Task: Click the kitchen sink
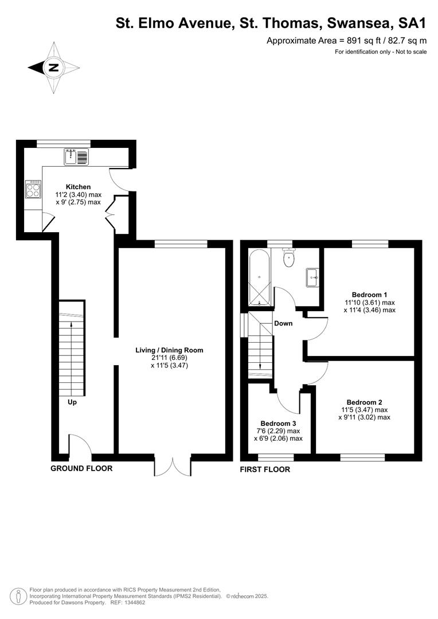tap(77, 156)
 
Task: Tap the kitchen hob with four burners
tap(33, 189)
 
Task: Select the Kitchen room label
tap(78, 187)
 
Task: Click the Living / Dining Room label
tap(169, 350)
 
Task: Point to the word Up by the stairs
tap(72, 402)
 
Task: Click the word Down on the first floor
tap(283, 323)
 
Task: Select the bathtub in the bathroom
tap(260, 277)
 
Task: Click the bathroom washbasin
tap(313, 277)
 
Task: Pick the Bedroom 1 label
tap(369, 295)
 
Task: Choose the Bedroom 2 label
tap(364, 403)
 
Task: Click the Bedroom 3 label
tap(278, 424)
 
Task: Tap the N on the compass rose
tap(53, 68)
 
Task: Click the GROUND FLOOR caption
tap(81, 469)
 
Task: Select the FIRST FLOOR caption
tap(265, 469)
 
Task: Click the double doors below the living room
tap(173, 466)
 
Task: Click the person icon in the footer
tap(17, 597)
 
